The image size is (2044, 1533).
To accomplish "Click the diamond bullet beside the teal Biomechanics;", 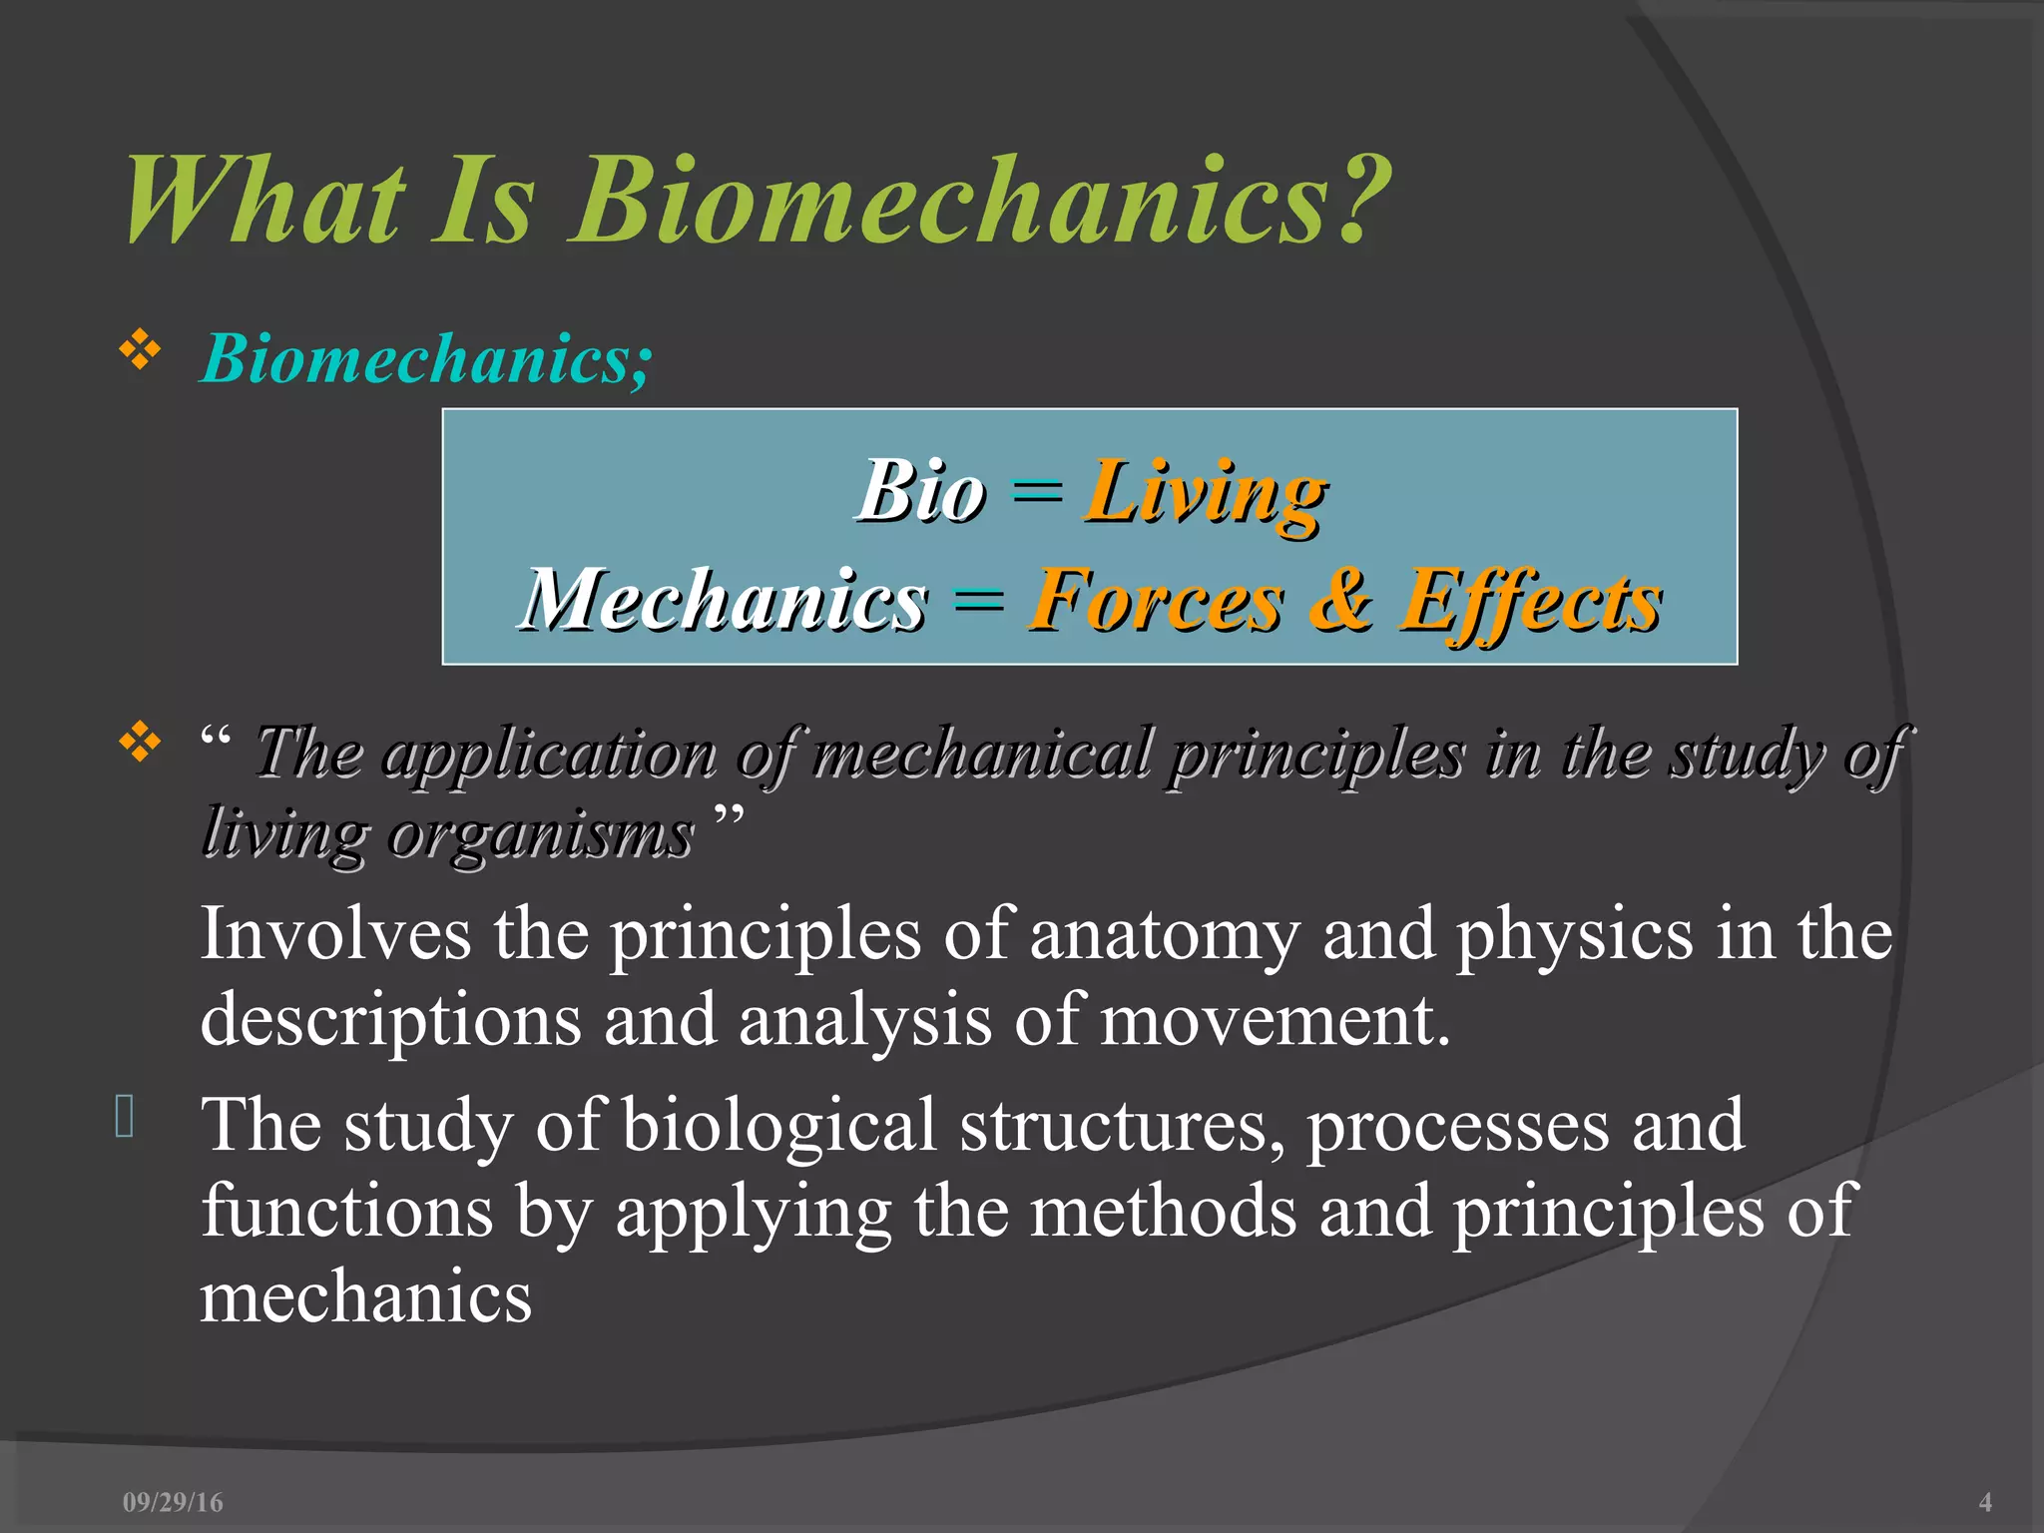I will (140, 351).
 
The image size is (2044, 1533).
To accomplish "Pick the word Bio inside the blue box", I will (921, 491).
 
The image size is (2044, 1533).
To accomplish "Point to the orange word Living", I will (1206, 493).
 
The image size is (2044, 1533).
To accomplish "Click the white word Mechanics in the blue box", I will (726, 600).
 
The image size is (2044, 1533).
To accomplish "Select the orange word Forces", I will (1156, 600).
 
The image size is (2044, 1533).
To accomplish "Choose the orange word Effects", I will (1531, 602).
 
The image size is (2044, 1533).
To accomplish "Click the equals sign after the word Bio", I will (1036, 491).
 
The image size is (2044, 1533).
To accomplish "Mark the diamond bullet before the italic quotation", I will (140, 743).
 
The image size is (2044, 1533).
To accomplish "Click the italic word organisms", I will (540, 833).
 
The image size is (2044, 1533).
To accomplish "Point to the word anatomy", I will (1165, 934).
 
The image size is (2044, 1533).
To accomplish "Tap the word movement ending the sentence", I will (1274, 1020).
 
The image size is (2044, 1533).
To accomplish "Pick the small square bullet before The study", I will (125, 1116).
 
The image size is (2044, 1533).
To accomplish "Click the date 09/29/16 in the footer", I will (173, 1502).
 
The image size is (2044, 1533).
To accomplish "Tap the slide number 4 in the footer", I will (1984, 1502).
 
